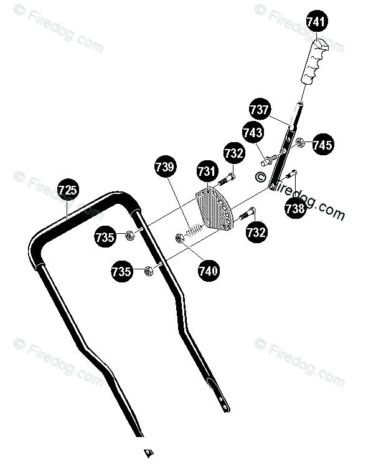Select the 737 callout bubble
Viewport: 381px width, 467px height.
260,109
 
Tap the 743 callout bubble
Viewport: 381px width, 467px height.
253,132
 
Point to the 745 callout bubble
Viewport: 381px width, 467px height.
322,144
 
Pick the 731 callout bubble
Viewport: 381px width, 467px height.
207,171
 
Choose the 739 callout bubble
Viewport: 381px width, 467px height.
166,167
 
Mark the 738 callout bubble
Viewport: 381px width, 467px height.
295,208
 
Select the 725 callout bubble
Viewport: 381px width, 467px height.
68,190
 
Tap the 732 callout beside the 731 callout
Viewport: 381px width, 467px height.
234,153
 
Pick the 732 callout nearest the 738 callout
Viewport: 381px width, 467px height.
256,233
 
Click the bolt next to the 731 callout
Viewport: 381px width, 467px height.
227,179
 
